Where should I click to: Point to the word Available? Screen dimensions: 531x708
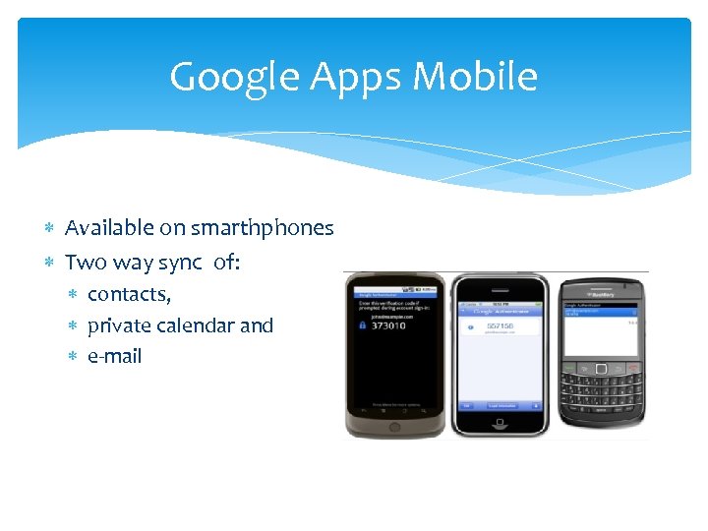[109, 228]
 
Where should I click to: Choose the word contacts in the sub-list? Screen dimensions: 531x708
[129, 295]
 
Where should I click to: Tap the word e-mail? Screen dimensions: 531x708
[114, 356]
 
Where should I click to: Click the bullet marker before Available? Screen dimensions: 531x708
[49, 229]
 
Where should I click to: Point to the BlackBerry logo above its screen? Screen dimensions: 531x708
[601, 292]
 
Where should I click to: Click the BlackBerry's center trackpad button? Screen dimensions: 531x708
[602, 368]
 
